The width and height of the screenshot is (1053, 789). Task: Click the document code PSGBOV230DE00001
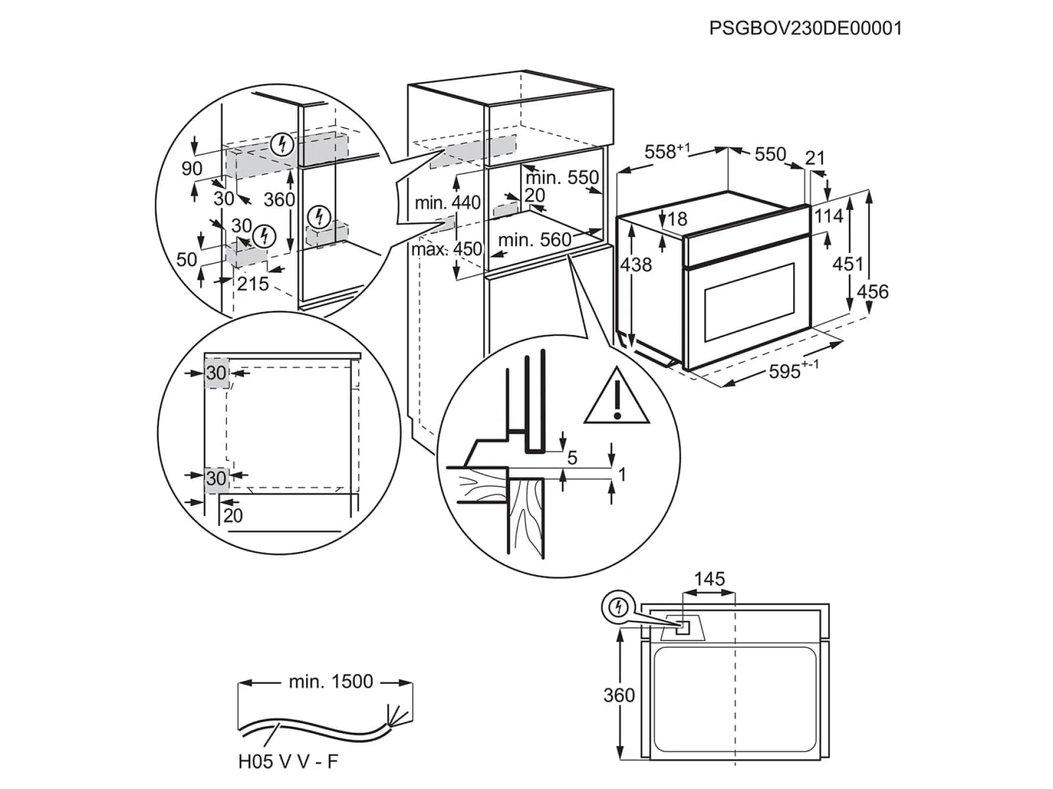tap(805, 28)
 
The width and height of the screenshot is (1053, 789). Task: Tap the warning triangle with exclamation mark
tap(617, 397)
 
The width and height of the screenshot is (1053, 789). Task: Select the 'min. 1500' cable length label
tap(331, 682)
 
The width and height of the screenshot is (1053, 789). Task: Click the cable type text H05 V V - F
tap(288, 762)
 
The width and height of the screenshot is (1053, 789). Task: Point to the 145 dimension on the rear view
tap(709, 579)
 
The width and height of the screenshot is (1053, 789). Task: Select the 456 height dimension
tap(872, 291)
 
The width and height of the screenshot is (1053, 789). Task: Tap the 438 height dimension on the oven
tap(636, 265)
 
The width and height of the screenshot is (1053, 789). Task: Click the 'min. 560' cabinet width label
tap(535, 240)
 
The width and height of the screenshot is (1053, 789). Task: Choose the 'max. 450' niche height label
tap(446, 249)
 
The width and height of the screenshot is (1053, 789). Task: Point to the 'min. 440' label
tap(448, 203)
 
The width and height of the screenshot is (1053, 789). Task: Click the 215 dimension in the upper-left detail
tap(253, 284)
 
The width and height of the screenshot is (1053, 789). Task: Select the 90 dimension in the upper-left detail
tap(192, 168)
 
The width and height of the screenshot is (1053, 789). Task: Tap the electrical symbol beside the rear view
tap(619, 608)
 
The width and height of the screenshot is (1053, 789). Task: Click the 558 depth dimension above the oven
tap(666, 151)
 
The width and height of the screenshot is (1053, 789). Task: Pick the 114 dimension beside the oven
tap(828, 216)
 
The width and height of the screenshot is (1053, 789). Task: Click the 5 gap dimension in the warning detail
tap(572, 458)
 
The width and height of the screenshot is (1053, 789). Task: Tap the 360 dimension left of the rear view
tap(619, 695)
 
